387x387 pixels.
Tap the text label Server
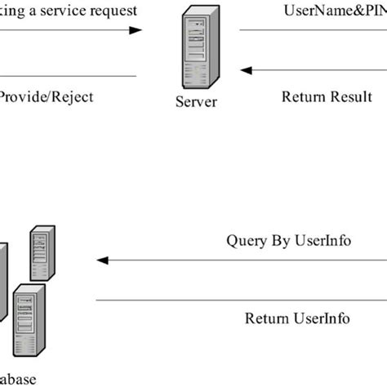pos(196,104)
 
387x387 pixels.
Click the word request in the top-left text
pos(114,11)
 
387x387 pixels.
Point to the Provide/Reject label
pos(46,97)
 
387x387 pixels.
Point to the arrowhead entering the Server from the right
pos(247,70)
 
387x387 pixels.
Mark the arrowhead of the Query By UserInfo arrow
pos(103,260)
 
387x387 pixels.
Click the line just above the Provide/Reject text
pos(65,76)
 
